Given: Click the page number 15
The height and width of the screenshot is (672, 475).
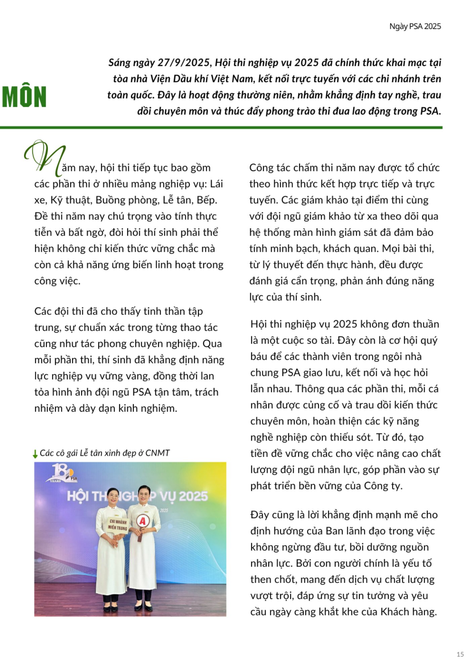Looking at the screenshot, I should pyautogui.click(x=460, y=654).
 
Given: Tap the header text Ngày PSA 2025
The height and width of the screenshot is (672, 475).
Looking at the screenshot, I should pyautogui.click(x=415, y=27).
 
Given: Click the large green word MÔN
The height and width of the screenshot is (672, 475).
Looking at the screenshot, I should pyautogui.click(x=24, y=97).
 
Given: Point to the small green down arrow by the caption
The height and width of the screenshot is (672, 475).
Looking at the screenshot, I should pyautogui.click(x=35, y=454).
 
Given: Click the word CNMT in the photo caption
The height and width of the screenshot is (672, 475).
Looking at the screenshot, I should pyautogui.click(x=157, y=453).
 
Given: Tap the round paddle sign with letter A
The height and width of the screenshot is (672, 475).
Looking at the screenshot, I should pyautogui.click(x=143, y=521).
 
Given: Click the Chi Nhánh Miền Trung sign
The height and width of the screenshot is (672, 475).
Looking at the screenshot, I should pyautogui.click(x=118, y=524).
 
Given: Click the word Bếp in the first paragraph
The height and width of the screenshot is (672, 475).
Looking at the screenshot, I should pyautogui.click(x=207, y=200).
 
